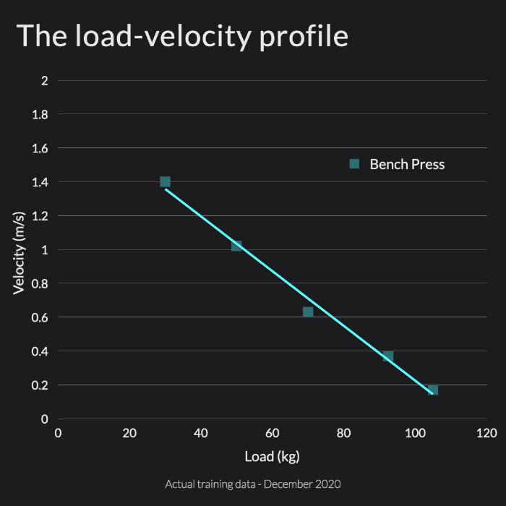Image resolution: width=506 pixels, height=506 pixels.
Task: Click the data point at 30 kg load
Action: pos(165,181)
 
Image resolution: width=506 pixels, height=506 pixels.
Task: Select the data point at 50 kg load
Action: pos(236,246)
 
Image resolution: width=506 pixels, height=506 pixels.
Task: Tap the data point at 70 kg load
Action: pos(308,312)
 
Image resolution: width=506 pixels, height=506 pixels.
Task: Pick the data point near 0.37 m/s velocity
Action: pos(388,356)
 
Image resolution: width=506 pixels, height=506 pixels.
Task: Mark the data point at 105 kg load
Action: pos(433,390)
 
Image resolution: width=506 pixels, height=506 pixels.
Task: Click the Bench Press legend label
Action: pos(407,164)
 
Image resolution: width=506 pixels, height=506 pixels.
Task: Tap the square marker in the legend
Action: pos(354,164)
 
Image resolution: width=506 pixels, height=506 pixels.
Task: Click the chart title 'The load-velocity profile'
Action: pos(182,36)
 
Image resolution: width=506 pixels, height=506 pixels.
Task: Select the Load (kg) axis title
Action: pos(272,456)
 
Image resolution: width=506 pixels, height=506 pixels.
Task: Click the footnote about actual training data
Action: pos(252,484)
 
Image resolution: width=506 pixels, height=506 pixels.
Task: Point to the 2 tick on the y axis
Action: pos(45,81)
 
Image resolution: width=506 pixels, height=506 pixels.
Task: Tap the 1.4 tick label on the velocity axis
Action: pos(40,182)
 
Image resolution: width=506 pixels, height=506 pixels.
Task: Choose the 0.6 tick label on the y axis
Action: pos(40,317)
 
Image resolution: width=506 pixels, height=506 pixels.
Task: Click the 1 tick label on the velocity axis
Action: pos(45,250)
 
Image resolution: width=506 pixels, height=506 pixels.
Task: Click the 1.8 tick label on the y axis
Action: pos(40,114)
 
